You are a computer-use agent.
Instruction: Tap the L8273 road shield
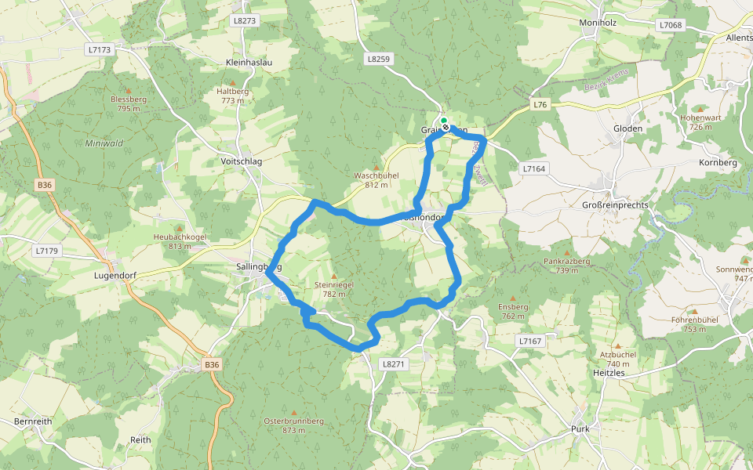[x=245, y=21]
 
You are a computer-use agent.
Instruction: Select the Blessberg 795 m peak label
[x=129, y=103]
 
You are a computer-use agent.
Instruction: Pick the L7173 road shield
[x=100, y=49]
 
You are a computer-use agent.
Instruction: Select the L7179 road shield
[x=47, y=251]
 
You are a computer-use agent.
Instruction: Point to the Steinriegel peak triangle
[x=333, y=276]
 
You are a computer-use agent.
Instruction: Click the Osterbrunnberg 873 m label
[x=293, y=425]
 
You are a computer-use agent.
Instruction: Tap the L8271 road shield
[x=393, y=364]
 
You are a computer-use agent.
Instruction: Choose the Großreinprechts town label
[x=613, y=205]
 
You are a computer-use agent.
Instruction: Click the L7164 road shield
[x=533, y=168]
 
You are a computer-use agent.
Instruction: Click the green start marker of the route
[x=444, y=121]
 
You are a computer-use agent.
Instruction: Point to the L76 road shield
[x=540, y=105]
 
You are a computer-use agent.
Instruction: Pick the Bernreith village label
[x=33, y=421]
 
